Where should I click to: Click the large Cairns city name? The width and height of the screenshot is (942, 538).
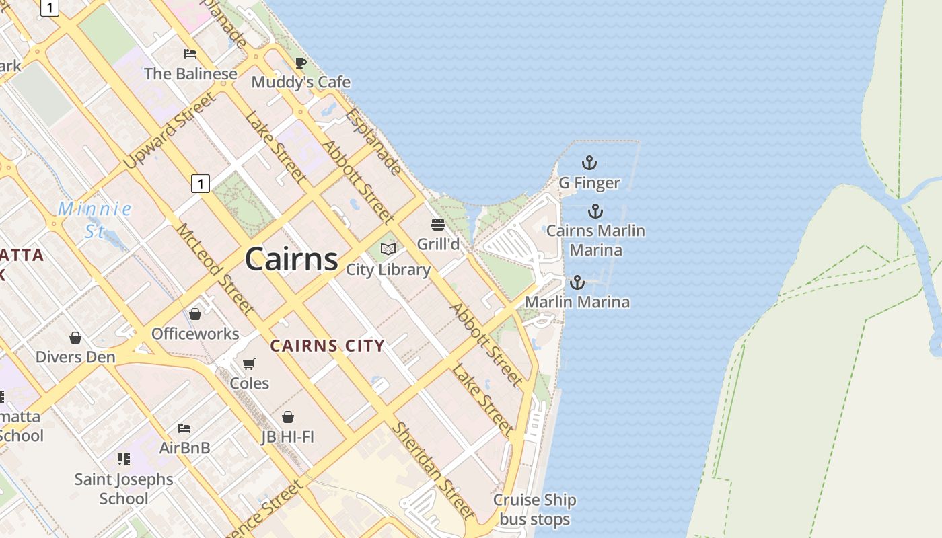pos(291,259)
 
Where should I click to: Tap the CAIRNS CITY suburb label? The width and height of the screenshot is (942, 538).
pos(327,346)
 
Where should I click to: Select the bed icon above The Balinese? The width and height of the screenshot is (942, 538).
pos(190,54)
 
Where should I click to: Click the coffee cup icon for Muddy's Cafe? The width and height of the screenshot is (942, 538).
pos(301,63)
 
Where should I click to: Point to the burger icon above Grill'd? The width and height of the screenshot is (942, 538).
pos(438,224)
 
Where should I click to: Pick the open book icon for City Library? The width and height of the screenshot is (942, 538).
pos(388,249)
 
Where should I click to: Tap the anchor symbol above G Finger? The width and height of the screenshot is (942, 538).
pos(589,163)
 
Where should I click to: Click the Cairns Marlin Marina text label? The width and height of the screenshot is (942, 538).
pos(595,240)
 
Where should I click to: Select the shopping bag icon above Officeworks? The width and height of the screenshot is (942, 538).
pos(195,314)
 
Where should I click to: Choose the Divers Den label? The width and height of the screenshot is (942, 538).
pos(75,356)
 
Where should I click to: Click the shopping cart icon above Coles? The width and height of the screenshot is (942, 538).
pos(249,364)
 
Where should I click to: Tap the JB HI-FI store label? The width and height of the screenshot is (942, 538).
pos(288,436)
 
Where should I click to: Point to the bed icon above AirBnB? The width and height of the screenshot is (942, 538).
pos(184,428)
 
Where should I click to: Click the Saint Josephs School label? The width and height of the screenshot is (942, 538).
pos(124,489)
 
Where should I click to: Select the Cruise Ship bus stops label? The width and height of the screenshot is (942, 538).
pos(535,510)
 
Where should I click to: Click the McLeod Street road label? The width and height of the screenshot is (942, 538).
pos(215,269)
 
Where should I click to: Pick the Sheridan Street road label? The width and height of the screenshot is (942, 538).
pos(434,471)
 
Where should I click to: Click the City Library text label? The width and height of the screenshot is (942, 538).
pos(388,270)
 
